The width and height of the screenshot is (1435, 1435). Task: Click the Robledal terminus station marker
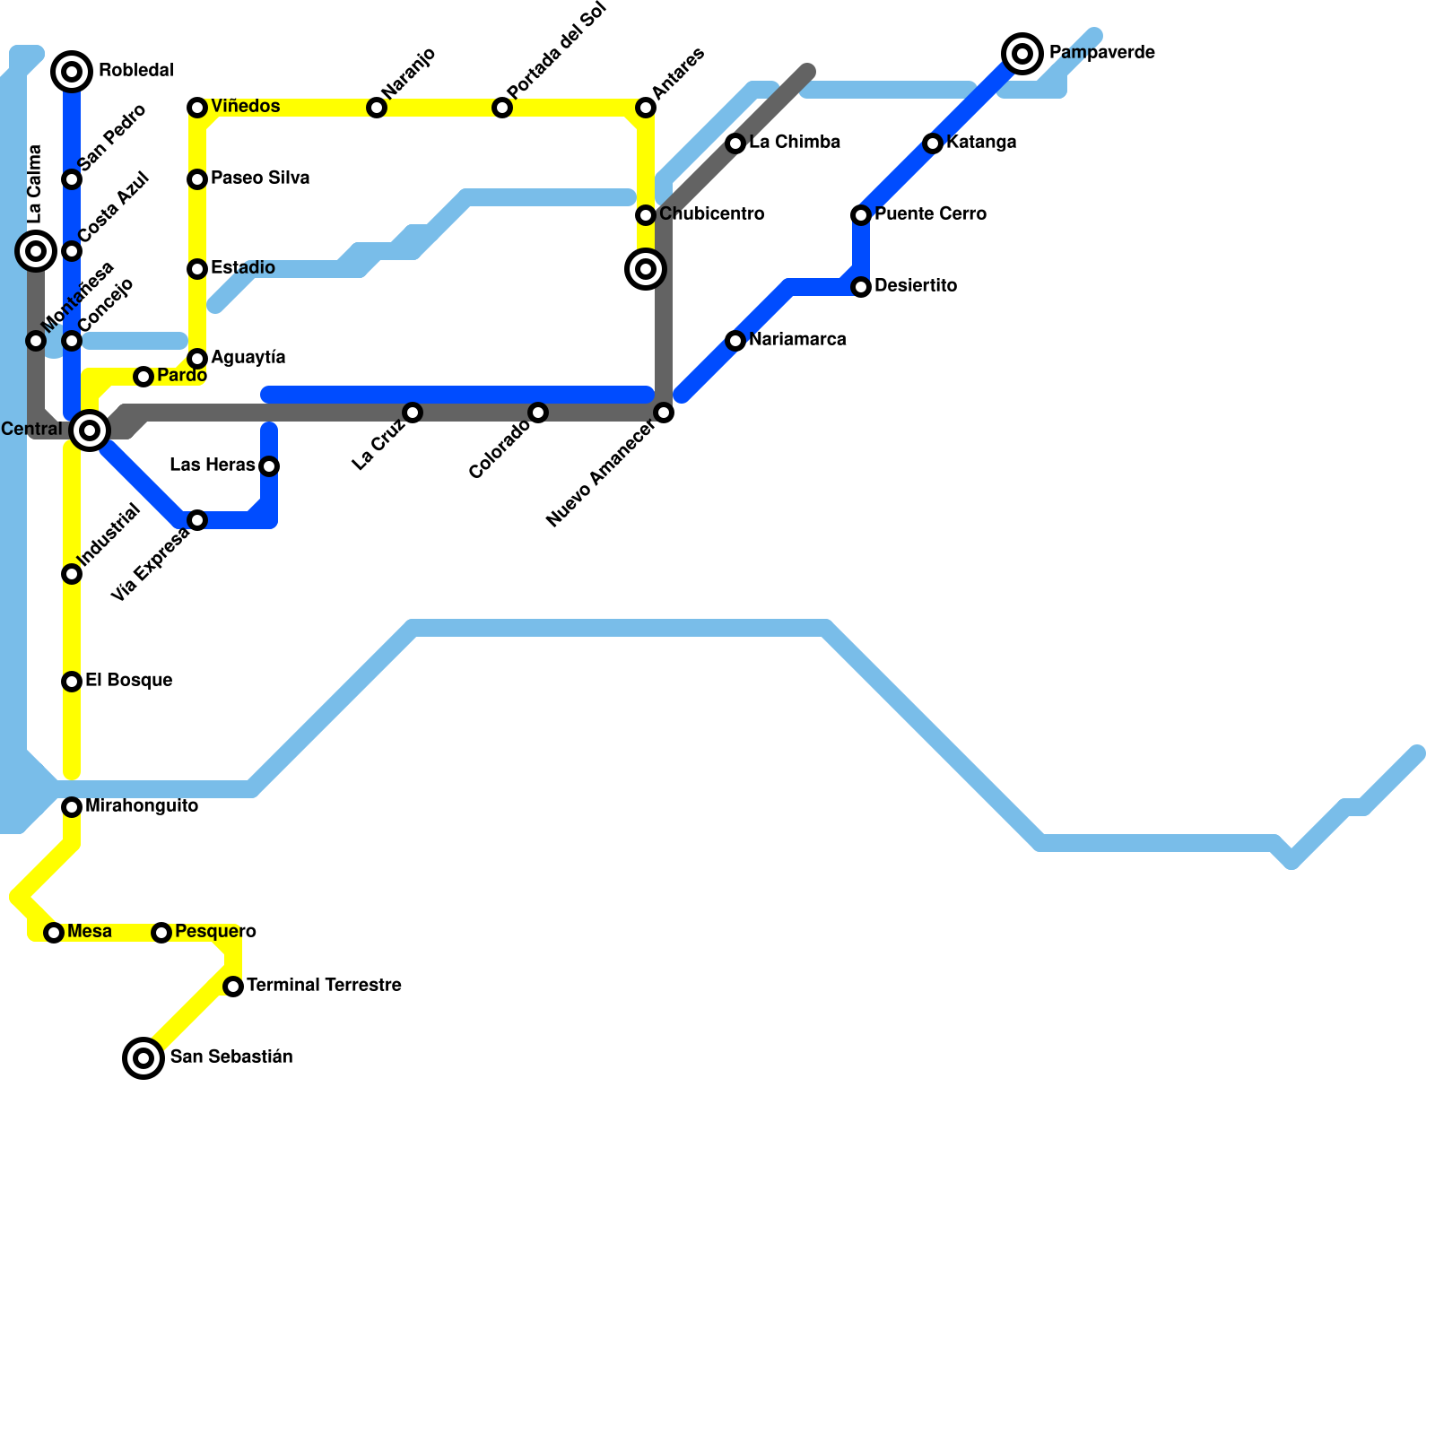[x=72, y=71]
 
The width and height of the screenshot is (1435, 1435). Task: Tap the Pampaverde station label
[x=1101, y=53]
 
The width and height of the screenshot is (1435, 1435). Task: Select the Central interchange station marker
[x=90, y=430]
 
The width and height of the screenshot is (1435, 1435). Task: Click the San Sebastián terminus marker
[x=143, y=1058]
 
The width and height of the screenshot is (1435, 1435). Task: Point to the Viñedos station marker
[x=197, y=108]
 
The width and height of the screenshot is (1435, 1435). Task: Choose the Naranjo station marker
[x=377, y=108]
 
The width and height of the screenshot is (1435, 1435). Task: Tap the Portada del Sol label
[x=556, y=51]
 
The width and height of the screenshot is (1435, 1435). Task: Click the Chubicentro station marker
[x=646, y=215]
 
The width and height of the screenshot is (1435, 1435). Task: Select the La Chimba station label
[x=795, y=143]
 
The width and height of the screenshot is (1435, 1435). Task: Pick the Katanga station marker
[x=933, y=143]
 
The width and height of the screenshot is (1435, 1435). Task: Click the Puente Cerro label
[x=930, y=214]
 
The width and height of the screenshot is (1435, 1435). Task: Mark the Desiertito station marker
[x=861, y=287]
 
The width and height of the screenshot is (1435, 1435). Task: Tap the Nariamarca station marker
[x=735, y=341]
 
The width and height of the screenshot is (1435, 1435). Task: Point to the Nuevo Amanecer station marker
[x=664, y=413]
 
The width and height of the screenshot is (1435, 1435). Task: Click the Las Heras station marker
[x=269, y=466]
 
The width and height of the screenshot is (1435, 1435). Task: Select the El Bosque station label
[x=128, y=681]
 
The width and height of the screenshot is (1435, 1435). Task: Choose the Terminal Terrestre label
[x=324, y=986]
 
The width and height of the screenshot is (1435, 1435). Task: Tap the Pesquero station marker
[x=161, y=933]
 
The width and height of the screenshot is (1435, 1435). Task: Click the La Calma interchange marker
[x=36, y=251]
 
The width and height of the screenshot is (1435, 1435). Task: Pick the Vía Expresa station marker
[x=197, y=520]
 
